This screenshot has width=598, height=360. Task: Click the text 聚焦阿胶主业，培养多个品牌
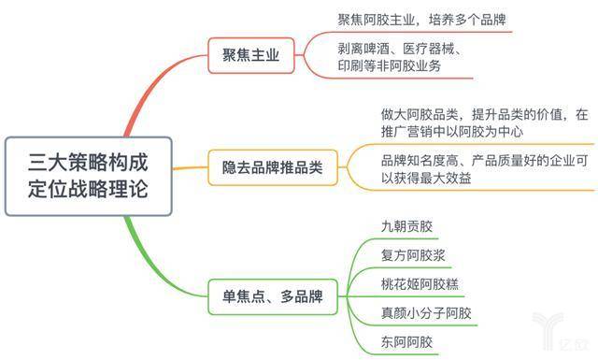[x=422, y=20]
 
